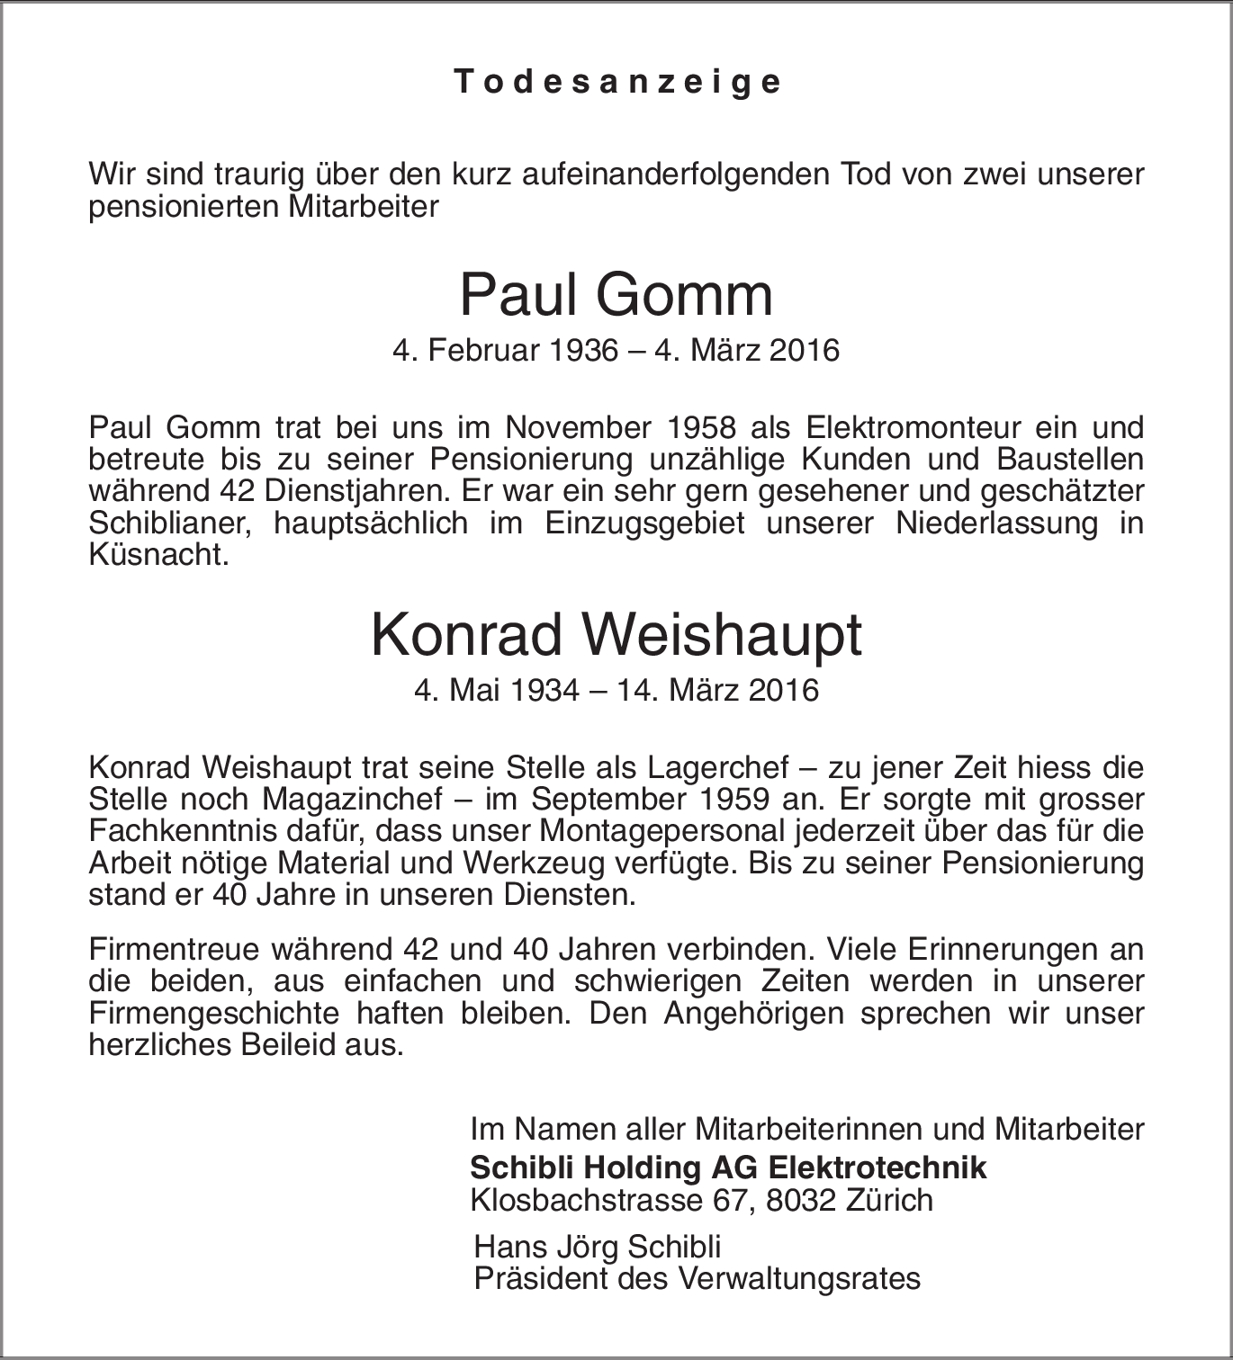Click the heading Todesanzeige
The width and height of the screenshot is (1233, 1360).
coord(617,82)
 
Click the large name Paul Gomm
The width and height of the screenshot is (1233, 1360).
coord(616,295)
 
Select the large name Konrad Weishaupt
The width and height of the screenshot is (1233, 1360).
coord(616,635)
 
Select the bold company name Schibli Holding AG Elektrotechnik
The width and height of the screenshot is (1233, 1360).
coord(728,1168)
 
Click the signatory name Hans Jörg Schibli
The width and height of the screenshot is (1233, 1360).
coord(598,1247)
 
